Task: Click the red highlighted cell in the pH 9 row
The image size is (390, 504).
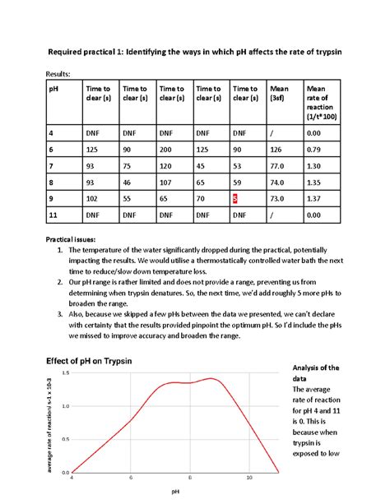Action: [x=235, y=198]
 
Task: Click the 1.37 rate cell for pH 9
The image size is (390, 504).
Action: [x=313, y=198]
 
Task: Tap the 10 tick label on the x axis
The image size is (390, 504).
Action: [x=249, y=478]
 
